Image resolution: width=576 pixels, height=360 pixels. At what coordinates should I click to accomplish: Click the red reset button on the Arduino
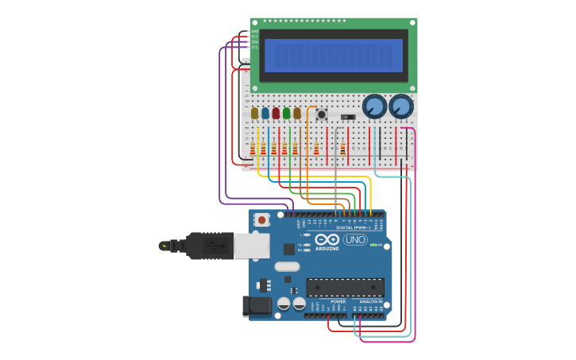click(x=261, y=219)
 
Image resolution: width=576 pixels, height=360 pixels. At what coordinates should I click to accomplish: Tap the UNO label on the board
click(x=355, y=240)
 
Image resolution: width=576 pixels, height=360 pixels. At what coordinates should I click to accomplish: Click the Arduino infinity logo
click(x=327, y=239)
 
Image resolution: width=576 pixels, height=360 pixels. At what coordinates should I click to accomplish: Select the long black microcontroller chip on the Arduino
click(x=346, y=287)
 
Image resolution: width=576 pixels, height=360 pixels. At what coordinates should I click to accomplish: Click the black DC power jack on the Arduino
click(x=256, y=305)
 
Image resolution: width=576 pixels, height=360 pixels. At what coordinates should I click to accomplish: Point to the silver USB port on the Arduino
click(x=252, y=246)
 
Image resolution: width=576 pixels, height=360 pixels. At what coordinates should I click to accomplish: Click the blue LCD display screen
click(x=334, y=56)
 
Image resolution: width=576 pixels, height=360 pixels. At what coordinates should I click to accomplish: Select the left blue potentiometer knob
click(x=374, y=106)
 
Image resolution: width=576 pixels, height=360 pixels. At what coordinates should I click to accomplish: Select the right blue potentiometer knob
click(x=401, y=106)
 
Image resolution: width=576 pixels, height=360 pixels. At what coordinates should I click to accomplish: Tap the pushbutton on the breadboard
click(x=321, y=114)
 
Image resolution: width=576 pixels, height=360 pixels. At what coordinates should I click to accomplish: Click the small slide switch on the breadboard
click(x=347, y=117)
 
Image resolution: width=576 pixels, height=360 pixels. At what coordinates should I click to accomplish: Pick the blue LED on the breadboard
click(x=265, y=114)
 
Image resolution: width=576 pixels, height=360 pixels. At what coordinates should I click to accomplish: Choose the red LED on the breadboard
click(x=276, y=114)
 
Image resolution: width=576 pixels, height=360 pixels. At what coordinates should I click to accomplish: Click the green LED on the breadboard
click(x=286, y=114)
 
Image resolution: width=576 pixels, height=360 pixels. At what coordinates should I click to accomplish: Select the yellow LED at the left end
click(x=254, y=114)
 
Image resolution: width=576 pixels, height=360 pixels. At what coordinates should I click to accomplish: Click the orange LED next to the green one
click(x=297, y=114)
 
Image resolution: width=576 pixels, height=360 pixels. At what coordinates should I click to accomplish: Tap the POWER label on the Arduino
click(x=338, y=302)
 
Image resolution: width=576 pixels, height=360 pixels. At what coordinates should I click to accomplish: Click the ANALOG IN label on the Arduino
click(x=369, y=302)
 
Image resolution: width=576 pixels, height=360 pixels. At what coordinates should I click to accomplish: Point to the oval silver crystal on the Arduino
click(x=288, y=267)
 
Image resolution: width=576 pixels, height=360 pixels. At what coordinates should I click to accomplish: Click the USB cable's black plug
click(x=210, y=246)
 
